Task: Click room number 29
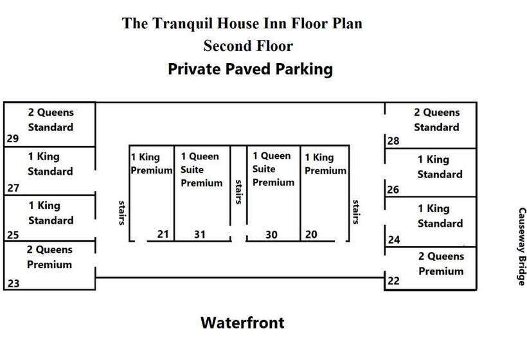point(12,138)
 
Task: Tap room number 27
point(12,188)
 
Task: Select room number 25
point(12,235)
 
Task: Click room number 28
point(393,141)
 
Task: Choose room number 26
point(393,190)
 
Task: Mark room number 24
point(393,240)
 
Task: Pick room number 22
point(393,281)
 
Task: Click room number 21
point(163,234)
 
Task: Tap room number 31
point(200,234)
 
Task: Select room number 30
point(271,235)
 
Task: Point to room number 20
point(311,234)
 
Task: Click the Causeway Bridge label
point(521,246)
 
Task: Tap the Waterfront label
point(242,322)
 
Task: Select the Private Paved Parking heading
point(250,69)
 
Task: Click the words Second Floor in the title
point(247,46)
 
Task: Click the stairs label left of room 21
point(121,212)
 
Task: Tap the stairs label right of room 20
point(355,212)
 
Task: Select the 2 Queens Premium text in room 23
point(49,257)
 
